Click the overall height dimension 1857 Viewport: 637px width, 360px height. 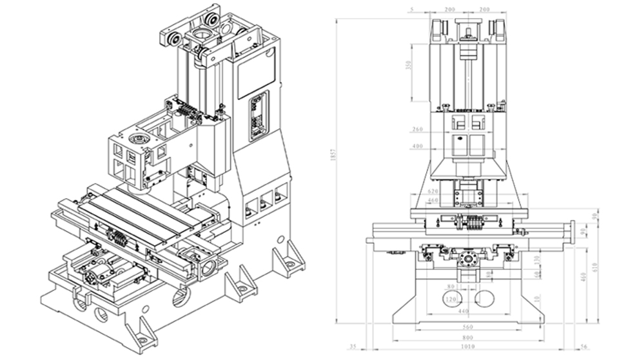coord(333,170)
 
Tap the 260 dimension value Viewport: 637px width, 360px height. coord(416,129)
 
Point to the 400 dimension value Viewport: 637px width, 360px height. coord(416,147)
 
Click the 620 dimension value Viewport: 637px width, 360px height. coord(433,192)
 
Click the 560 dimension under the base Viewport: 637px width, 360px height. coord(469,327)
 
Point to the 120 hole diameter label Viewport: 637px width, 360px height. coord(451,301)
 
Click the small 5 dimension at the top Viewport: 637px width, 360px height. coord(409,10)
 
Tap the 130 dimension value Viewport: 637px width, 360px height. coord(538,259)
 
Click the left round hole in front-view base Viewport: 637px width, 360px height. coord(452,297)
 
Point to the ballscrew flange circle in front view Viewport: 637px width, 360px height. coord(468,261)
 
